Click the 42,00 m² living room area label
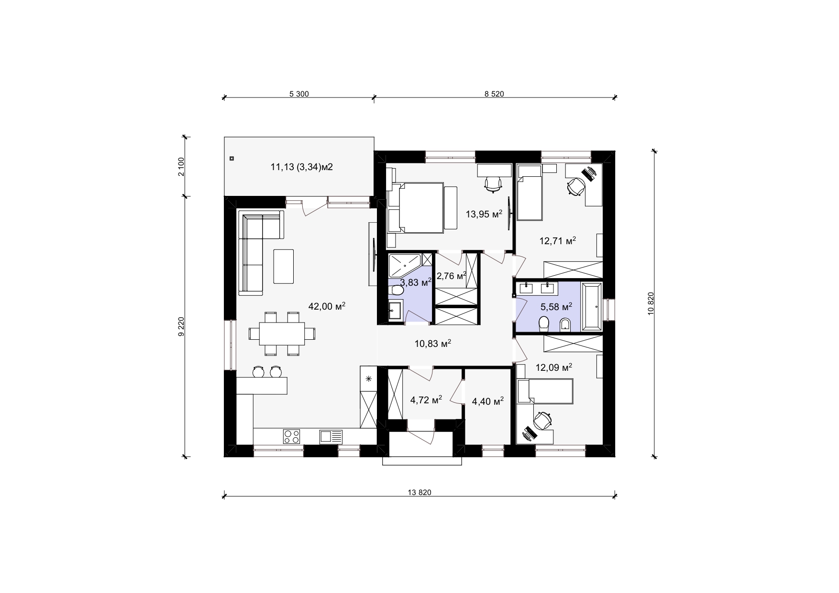pos(327,306)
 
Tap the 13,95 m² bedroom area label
pos(484,214)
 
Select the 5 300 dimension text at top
pos(299,94)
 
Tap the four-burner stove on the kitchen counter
pos(291,436)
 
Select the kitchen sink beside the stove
pos(331,436)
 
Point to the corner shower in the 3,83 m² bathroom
pos(405,266)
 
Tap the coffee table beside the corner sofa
pos(284,266)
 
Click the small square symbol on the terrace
pos(232,158)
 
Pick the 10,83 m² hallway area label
pos(433,343)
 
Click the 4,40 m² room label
pos(487,401)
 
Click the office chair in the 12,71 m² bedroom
pos(576,185)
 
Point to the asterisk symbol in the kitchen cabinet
pos(369,379)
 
